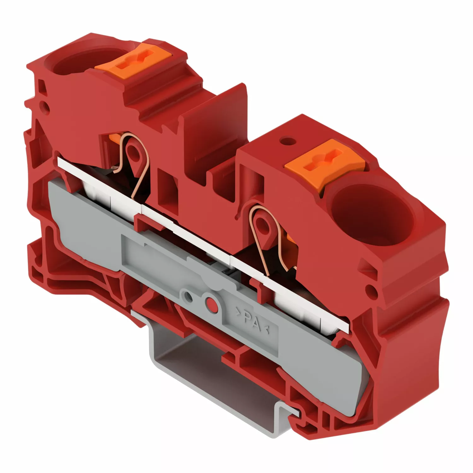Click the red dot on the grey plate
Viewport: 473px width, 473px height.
click(211, 304)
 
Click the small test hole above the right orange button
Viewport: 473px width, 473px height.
click(286, 139)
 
